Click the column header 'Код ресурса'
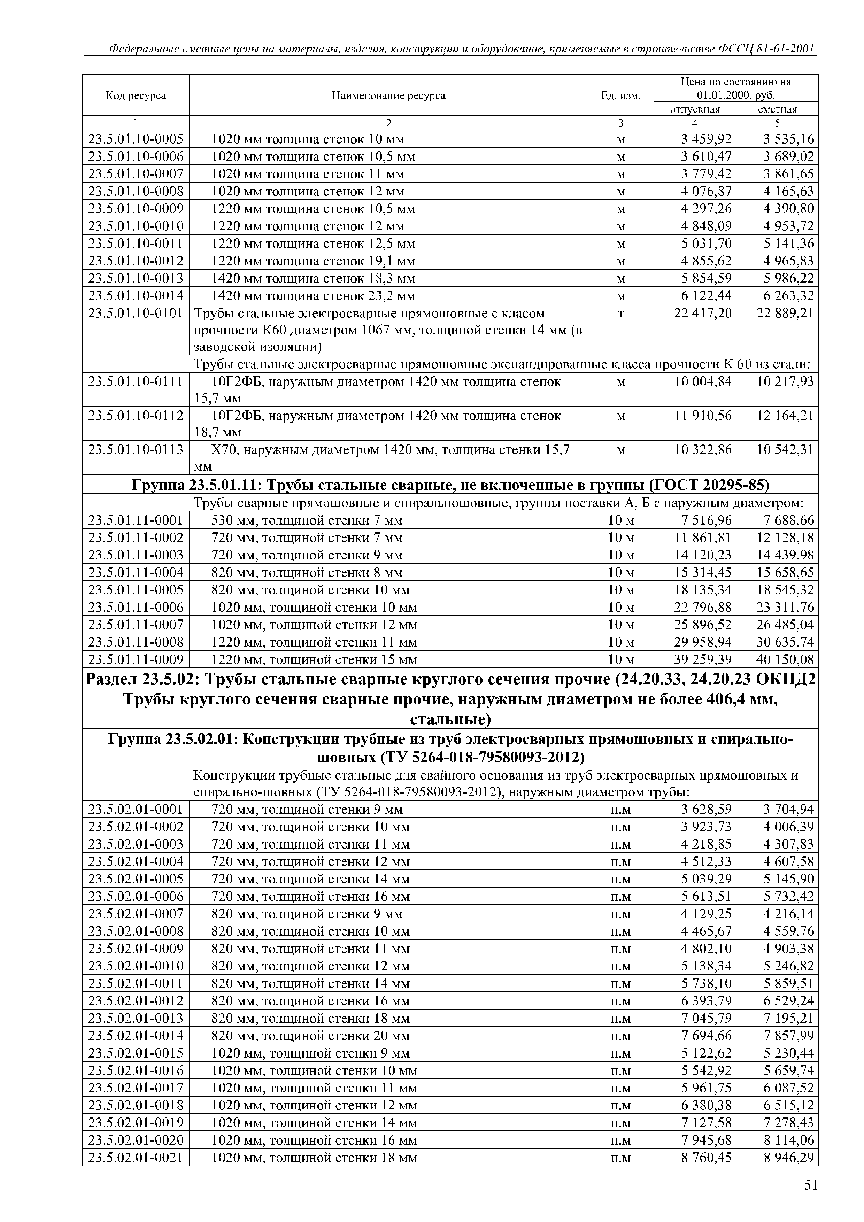click(x=136, y=96)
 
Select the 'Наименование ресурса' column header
click(x=388, y=96)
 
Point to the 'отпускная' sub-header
click(x=694, y=109)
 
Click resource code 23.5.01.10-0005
click(x=136, y=139)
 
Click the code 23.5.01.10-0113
click(x=136, y=450)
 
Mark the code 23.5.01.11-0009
click(x=136, y=660)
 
